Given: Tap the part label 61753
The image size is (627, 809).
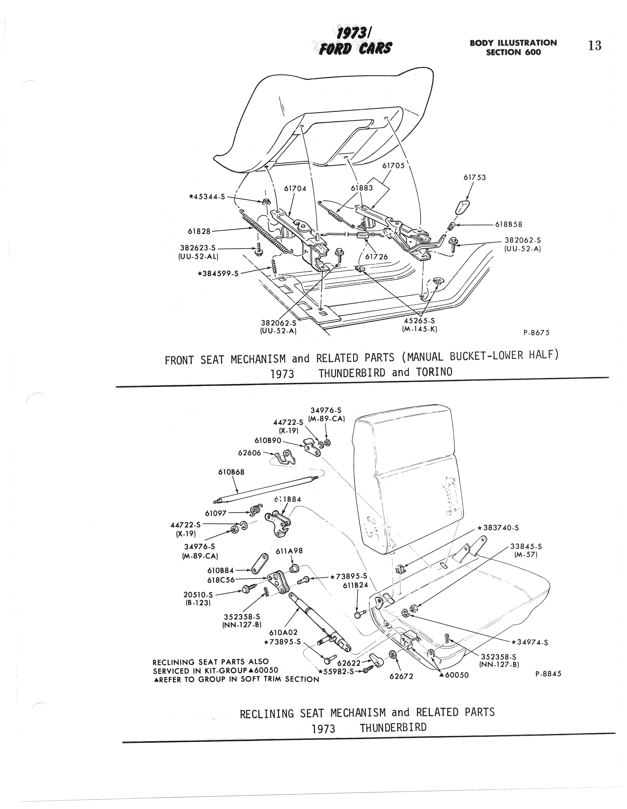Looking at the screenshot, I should tap(474, 177).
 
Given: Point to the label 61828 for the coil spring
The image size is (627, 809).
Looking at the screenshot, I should tap(199, 231).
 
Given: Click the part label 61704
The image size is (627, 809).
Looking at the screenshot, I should tap(295, 189).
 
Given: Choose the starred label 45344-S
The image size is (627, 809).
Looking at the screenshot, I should tap(207, 197).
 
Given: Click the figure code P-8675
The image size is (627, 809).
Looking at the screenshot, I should tap(536, 333).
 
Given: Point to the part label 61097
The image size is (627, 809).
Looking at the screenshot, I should tap(216, 513).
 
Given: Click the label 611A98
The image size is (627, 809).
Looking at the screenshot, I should tap(289, 551).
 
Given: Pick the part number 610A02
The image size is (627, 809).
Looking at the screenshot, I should tap(286, 632).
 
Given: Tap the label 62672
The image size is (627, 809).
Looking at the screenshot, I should tap(401, 676).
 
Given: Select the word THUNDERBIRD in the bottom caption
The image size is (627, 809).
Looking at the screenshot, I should tap(393, 728).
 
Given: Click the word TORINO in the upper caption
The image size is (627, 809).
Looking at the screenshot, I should tap(434, 372).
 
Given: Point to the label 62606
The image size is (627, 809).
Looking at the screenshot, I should tap(249, 452).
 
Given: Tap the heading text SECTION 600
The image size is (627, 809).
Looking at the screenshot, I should tap(513, 52).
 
